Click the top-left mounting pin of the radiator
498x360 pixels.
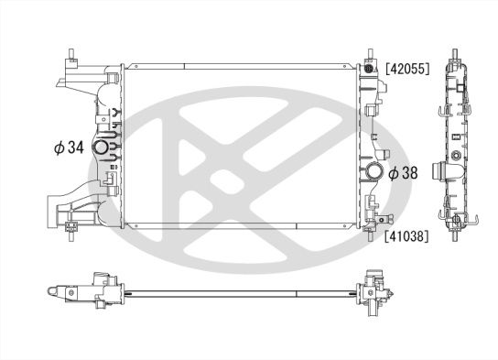tap(70, 51)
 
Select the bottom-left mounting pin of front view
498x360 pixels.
tap(70, 240)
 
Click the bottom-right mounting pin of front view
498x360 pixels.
tap(370, 240)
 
